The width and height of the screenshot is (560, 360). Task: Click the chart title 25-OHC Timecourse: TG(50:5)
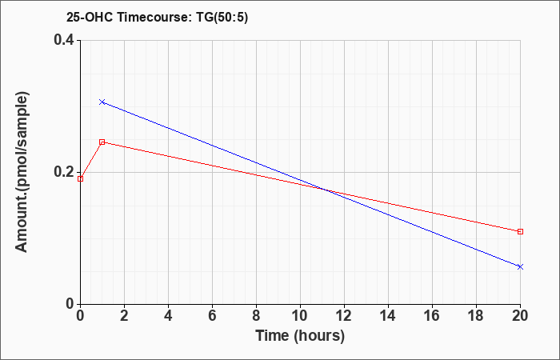point(157,18)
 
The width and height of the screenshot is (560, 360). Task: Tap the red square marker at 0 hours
point(80,178)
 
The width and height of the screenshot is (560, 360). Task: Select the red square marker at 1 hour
point(102,142)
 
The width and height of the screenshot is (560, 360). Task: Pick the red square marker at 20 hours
point(520,231)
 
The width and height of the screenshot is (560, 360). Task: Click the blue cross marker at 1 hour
point(102,102)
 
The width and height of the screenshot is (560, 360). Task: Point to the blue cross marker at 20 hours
point(520,266)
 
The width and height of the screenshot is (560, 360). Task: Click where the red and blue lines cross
point(324,189)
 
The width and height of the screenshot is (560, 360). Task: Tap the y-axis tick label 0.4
point(63,40)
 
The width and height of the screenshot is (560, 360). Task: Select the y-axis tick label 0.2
point(63,172)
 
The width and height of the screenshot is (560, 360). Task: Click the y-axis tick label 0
point(70,304)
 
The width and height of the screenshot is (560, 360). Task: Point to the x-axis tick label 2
point(124,316)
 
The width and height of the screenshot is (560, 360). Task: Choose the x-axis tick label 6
point(212,316)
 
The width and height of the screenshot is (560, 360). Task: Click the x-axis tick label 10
point(300,316)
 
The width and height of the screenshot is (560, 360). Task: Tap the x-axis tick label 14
point(388,316)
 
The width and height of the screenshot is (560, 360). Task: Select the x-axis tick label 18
point(476,316)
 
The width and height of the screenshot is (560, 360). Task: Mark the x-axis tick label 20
point(520,316)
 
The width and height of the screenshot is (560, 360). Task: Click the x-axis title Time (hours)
point(300,336)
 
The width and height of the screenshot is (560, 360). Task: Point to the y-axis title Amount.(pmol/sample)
point(22,172)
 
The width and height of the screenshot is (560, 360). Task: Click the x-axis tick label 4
point(168,316)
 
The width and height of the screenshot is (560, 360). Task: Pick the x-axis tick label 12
point(344,316)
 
